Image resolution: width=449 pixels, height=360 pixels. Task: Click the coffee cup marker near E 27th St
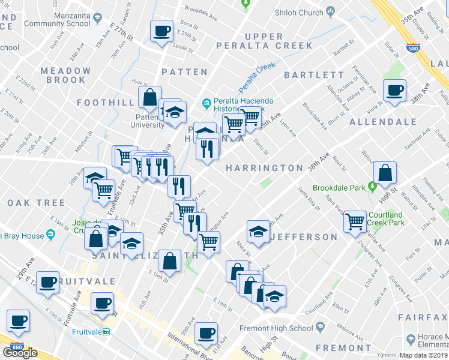click(x=161, y=31)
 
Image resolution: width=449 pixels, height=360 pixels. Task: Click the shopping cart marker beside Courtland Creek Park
click(x=355, y=221)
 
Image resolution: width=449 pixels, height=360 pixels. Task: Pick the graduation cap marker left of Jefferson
click(x=258, y=232)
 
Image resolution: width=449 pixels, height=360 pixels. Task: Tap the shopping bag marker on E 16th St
click(x=170, y=262)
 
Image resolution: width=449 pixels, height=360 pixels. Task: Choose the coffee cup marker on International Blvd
click(x=206, y=334)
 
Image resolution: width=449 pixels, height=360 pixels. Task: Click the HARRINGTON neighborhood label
click(x=264, y=169)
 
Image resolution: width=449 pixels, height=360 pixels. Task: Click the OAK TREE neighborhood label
click(x=36, y=203)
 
